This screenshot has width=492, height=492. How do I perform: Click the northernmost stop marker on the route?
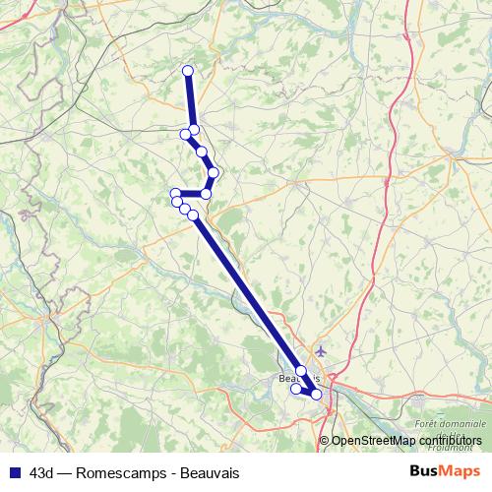click(x=188, y=70)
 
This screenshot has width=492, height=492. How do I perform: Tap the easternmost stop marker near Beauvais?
click(x=316, y=395)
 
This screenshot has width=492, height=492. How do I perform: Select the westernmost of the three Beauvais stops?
click(x=295, y=389)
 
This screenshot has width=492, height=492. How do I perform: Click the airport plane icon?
click(x=322, y=350)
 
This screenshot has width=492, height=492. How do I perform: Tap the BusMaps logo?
click(x=445, y=472)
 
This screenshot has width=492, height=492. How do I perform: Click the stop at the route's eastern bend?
click(x=214, y=173)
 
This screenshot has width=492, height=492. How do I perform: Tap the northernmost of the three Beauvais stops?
click(x=301, y=371)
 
